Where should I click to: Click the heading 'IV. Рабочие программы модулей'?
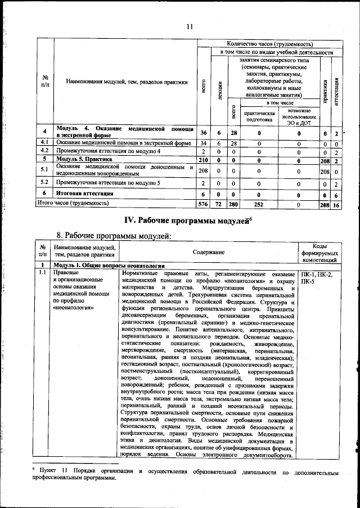[187, 219]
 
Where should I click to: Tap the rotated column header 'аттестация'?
[336, 90]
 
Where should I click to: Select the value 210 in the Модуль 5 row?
[204, 160]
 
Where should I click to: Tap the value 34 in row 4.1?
[204, 143]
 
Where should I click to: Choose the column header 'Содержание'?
[209, 254]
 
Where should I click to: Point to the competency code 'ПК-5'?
[308, 282]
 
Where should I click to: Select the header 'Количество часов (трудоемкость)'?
[269, 43]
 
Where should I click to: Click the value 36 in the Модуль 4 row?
[204, 132]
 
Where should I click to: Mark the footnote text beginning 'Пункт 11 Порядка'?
[186, 473]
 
